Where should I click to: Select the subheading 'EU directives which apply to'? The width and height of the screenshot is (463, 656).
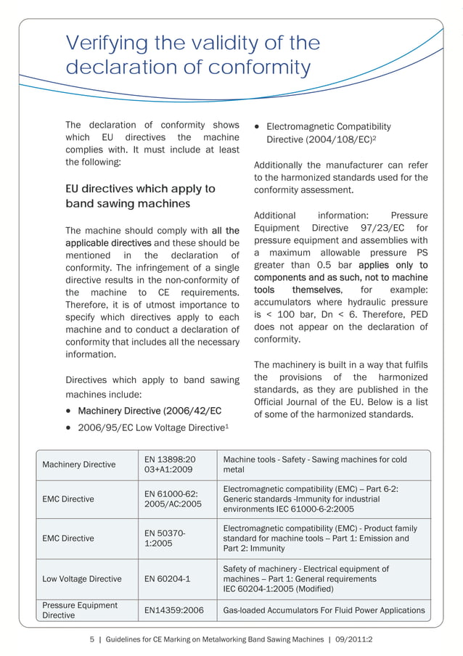pyautogui.click(x=140, y=189)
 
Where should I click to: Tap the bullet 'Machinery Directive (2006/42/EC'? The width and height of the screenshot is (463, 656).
pyautogui.click(x=149, y=411)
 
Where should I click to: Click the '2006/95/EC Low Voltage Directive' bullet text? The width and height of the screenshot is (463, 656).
pyautogui.click(x=152, y=428)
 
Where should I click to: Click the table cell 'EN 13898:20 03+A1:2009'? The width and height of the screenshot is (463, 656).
pyautogui.click(x=171, y=465)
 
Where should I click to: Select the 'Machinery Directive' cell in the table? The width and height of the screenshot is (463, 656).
pyautogui.click(x=78, y=464)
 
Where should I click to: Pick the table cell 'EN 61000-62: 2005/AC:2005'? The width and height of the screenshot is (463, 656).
pyautogui.click(x=173, y=499)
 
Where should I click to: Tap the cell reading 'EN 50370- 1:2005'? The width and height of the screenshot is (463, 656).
pyautogui.click(x=165, y=538)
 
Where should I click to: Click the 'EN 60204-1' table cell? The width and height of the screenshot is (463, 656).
pyautogui.click(x=167, y=579)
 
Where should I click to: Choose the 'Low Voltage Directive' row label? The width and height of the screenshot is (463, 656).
pyautogui.click(x=81, y=579)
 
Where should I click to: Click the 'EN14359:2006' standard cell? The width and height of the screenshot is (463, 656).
pyautogui.click(x=174, y=610)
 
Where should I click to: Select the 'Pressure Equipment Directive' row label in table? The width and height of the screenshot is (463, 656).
pyautogui.click(x=80, y=610)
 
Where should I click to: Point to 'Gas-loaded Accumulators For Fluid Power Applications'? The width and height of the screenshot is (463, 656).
pyautogui.click(x=324, y=610)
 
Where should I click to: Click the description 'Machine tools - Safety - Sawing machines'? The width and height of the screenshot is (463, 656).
pyautogui.click(x=315, y=460)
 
